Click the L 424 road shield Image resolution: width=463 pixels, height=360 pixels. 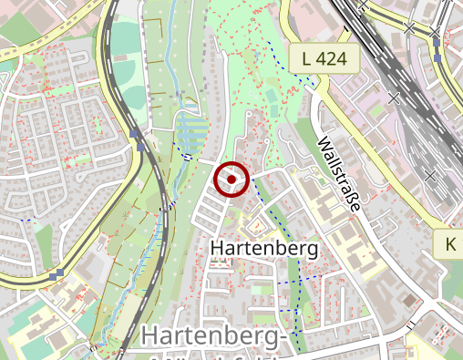[x=324, y=58]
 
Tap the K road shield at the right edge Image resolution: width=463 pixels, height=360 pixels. [x=451, y=244]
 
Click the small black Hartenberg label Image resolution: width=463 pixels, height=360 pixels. [x=264, y=248]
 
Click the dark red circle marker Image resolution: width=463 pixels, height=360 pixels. [x=231, y=180]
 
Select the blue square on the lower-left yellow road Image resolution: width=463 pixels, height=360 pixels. [x=58, y=274]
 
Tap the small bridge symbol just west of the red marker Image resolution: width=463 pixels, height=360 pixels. [x=188, y=158]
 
